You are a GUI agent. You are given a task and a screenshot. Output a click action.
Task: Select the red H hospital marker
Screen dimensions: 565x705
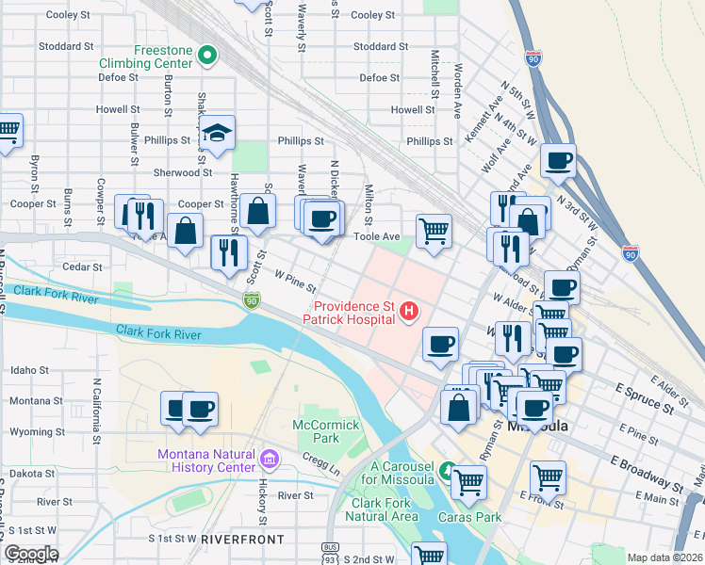tap(409, 311)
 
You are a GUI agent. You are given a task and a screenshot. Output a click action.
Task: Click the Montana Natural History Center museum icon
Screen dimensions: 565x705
tap(270, 460)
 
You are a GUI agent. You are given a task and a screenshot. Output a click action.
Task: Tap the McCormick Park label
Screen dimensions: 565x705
tap(326, 431)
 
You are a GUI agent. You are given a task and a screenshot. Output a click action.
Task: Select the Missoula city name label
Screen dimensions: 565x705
tap(538, 426)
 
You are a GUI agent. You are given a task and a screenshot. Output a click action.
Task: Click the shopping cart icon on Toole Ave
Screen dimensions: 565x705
tap(434, 229)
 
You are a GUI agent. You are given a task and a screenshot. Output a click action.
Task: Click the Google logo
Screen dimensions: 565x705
tap(30, 554)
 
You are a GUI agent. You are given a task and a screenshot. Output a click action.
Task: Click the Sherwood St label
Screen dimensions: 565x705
tap(183, 173)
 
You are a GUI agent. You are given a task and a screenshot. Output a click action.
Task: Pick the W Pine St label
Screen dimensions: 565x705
tap(294, 280)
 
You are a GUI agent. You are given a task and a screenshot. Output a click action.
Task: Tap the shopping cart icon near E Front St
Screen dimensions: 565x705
tap(547, 477)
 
